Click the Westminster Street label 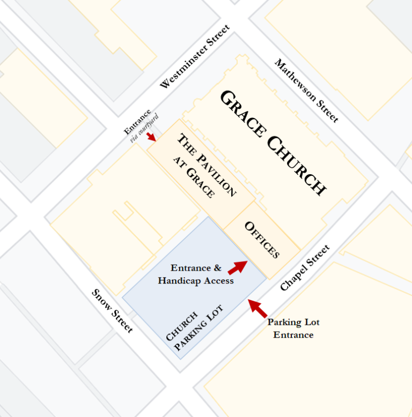tap(195, 57)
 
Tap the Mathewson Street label tap(307, 90)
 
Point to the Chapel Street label tap(305, 268)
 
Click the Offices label tap(262, 240)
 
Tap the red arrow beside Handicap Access tap(238, 266)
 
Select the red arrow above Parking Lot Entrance tap(257, 308)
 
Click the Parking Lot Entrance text tap(293, 329)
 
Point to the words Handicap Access tap(196, 281)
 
